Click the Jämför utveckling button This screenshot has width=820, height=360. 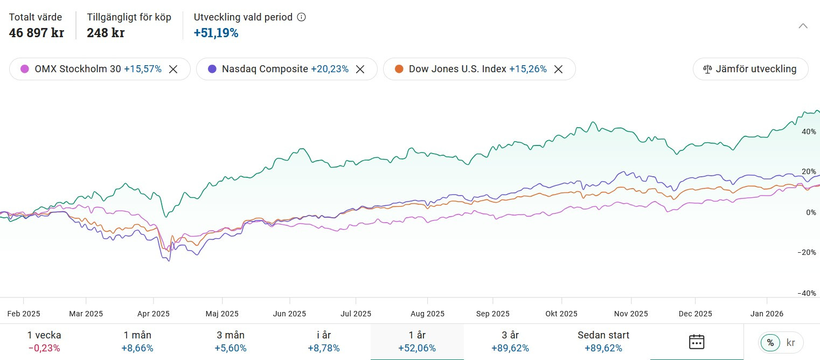(750, 69)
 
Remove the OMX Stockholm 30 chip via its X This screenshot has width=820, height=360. (173, 69)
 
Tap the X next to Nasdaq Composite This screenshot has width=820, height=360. (360, 69)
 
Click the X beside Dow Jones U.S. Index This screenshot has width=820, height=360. (558, 69)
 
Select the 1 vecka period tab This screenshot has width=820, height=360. (44, 342)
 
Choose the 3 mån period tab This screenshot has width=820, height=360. (230, 342)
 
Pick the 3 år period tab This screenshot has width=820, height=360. (510, 342)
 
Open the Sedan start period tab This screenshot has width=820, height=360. (603, 342)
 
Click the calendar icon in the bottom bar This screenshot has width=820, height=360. (697, 342)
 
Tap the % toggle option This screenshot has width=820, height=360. (770, 342)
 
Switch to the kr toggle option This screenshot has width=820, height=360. (791, 342)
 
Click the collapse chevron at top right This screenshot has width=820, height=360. (803, 26)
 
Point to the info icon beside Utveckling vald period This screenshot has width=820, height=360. (302, 17)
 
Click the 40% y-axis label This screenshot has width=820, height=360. (809, 131)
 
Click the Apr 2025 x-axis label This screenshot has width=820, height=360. (154, 314)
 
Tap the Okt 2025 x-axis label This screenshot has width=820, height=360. (561, 314)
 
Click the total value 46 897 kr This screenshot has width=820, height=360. (37, 33)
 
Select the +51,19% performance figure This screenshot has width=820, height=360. (216, 33)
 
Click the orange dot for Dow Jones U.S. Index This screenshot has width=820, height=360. (399, 69)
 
